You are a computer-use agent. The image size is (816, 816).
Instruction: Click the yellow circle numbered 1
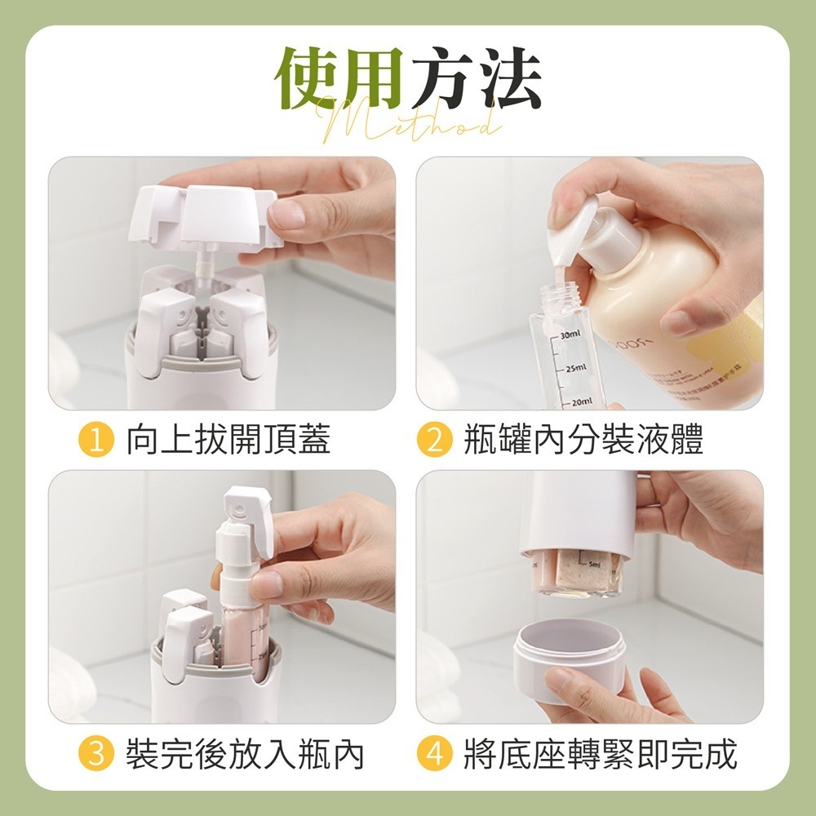pos(95,441)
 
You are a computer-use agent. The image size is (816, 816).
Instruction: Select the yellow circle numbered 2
pos(434,441)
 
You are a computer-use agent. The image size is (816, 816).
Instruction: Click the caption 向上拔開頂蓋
pos(228,441)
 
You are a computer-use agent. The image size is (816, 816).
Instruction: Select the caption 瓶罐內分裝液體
pos(583,441)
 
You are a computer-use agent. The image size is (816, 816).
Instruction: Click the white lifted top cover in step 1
pos(204,214)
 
